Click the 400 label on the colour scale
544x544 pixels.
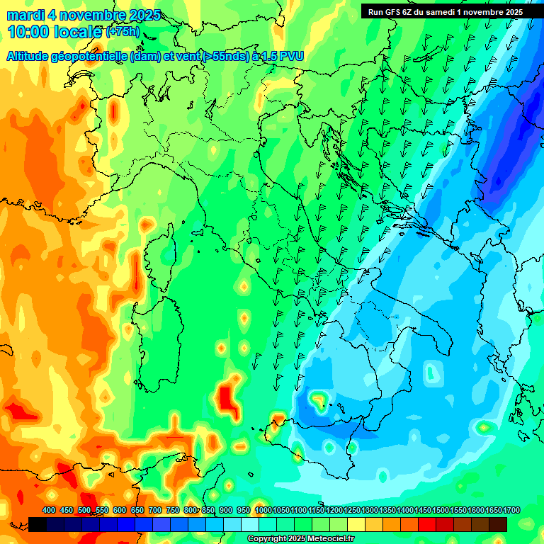pos(49,511)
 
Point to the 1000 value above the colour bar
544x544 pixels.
pos(263,511)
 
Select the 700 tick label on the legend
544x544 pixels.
pos(154,511)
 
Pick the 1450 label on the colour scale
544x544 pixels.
pos(423,511)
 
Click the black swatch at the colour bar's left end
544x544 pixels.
pos(38,524)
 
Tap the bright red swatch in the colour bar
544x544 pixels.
pos(427,524)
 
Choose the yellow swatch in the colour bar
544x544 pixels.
pos(356,524)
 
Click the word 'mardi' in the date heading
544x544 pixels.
pos(23,15)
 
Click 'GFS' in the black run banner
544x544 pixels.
pos(393,11)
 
